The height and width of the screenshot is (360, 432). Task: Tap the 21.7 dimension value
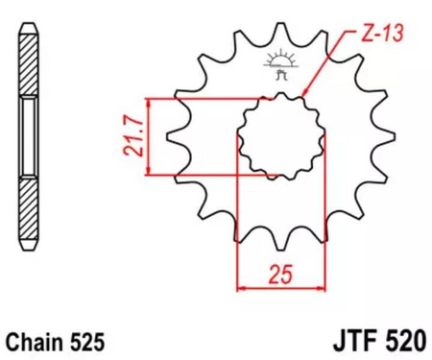tap(126, 137)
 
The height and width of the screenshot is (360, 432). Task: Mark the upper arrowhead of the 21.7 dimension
tap(147, 102)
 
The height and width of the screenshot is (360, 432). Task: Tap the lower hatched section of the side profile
tap(28, 206)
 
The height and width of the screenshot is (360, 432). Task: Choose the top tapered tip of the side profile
tap(28, 29)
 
